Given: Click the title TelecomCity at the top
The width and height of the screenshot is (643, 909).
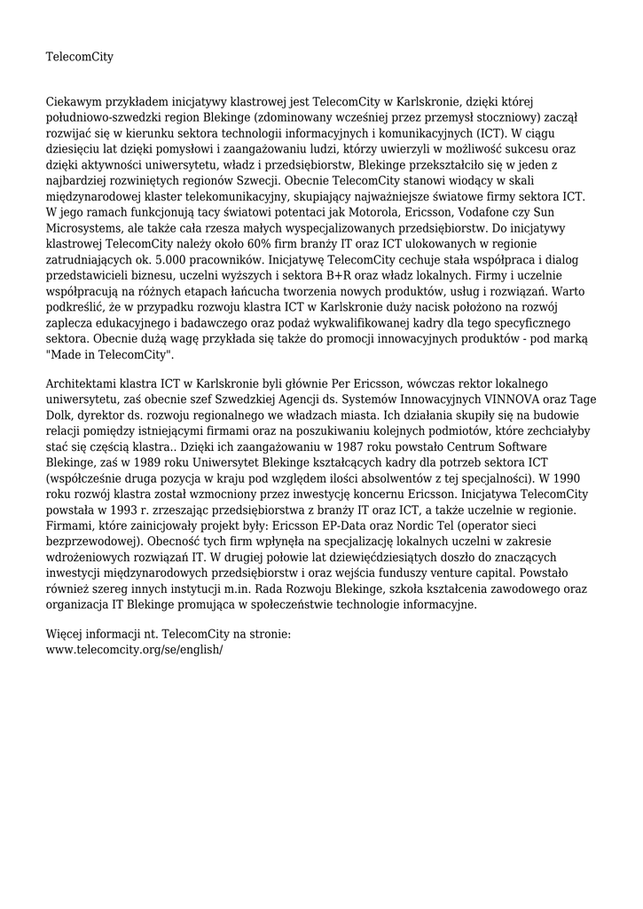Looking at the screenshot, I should pyautogui.click(x=80, y=58).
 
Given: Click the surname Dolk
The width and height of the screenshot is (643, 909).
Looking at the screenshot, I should pyautogui.click(x=61, y=414).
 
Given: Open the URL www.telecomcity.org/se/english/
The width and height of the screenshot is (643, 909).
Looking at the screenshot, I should pyautogui.click(x=134, y=649).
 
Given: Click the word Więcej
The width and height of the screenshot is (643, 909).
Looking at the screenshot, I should pyautogui.click(x=67, y=634).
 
